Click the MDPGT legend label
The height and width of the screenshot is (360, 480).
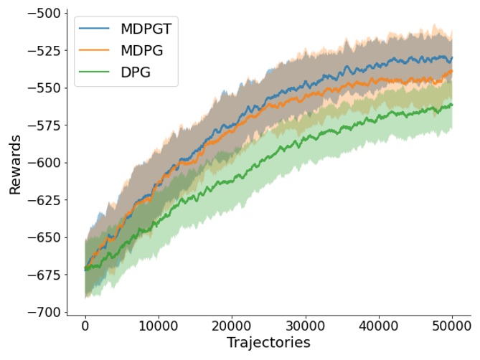(x=146, y=29)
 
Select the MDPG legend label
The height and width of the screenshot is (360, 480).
(x=141, y=50)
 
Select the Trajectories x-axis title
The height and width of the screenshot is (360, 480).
(x=268, y=343)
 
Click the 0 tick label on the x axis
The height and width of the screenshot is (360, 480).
(x=85, y=326)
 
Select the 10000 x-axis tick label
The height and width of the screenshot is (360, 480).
(x=159, y=326)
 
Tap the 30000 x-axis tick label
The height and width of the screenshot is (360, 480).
(x=306, y=326)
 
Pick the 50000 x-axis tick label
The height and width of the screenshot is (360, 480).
(x=452, y=326)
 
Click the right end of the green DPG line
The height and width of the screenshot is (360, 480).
(x=452, y=105)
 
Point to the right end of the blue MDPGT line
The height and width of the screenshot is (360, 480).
(x=452, y=57)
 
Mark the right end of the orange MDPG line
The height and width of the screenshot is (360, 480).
(x=452, y=71)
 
